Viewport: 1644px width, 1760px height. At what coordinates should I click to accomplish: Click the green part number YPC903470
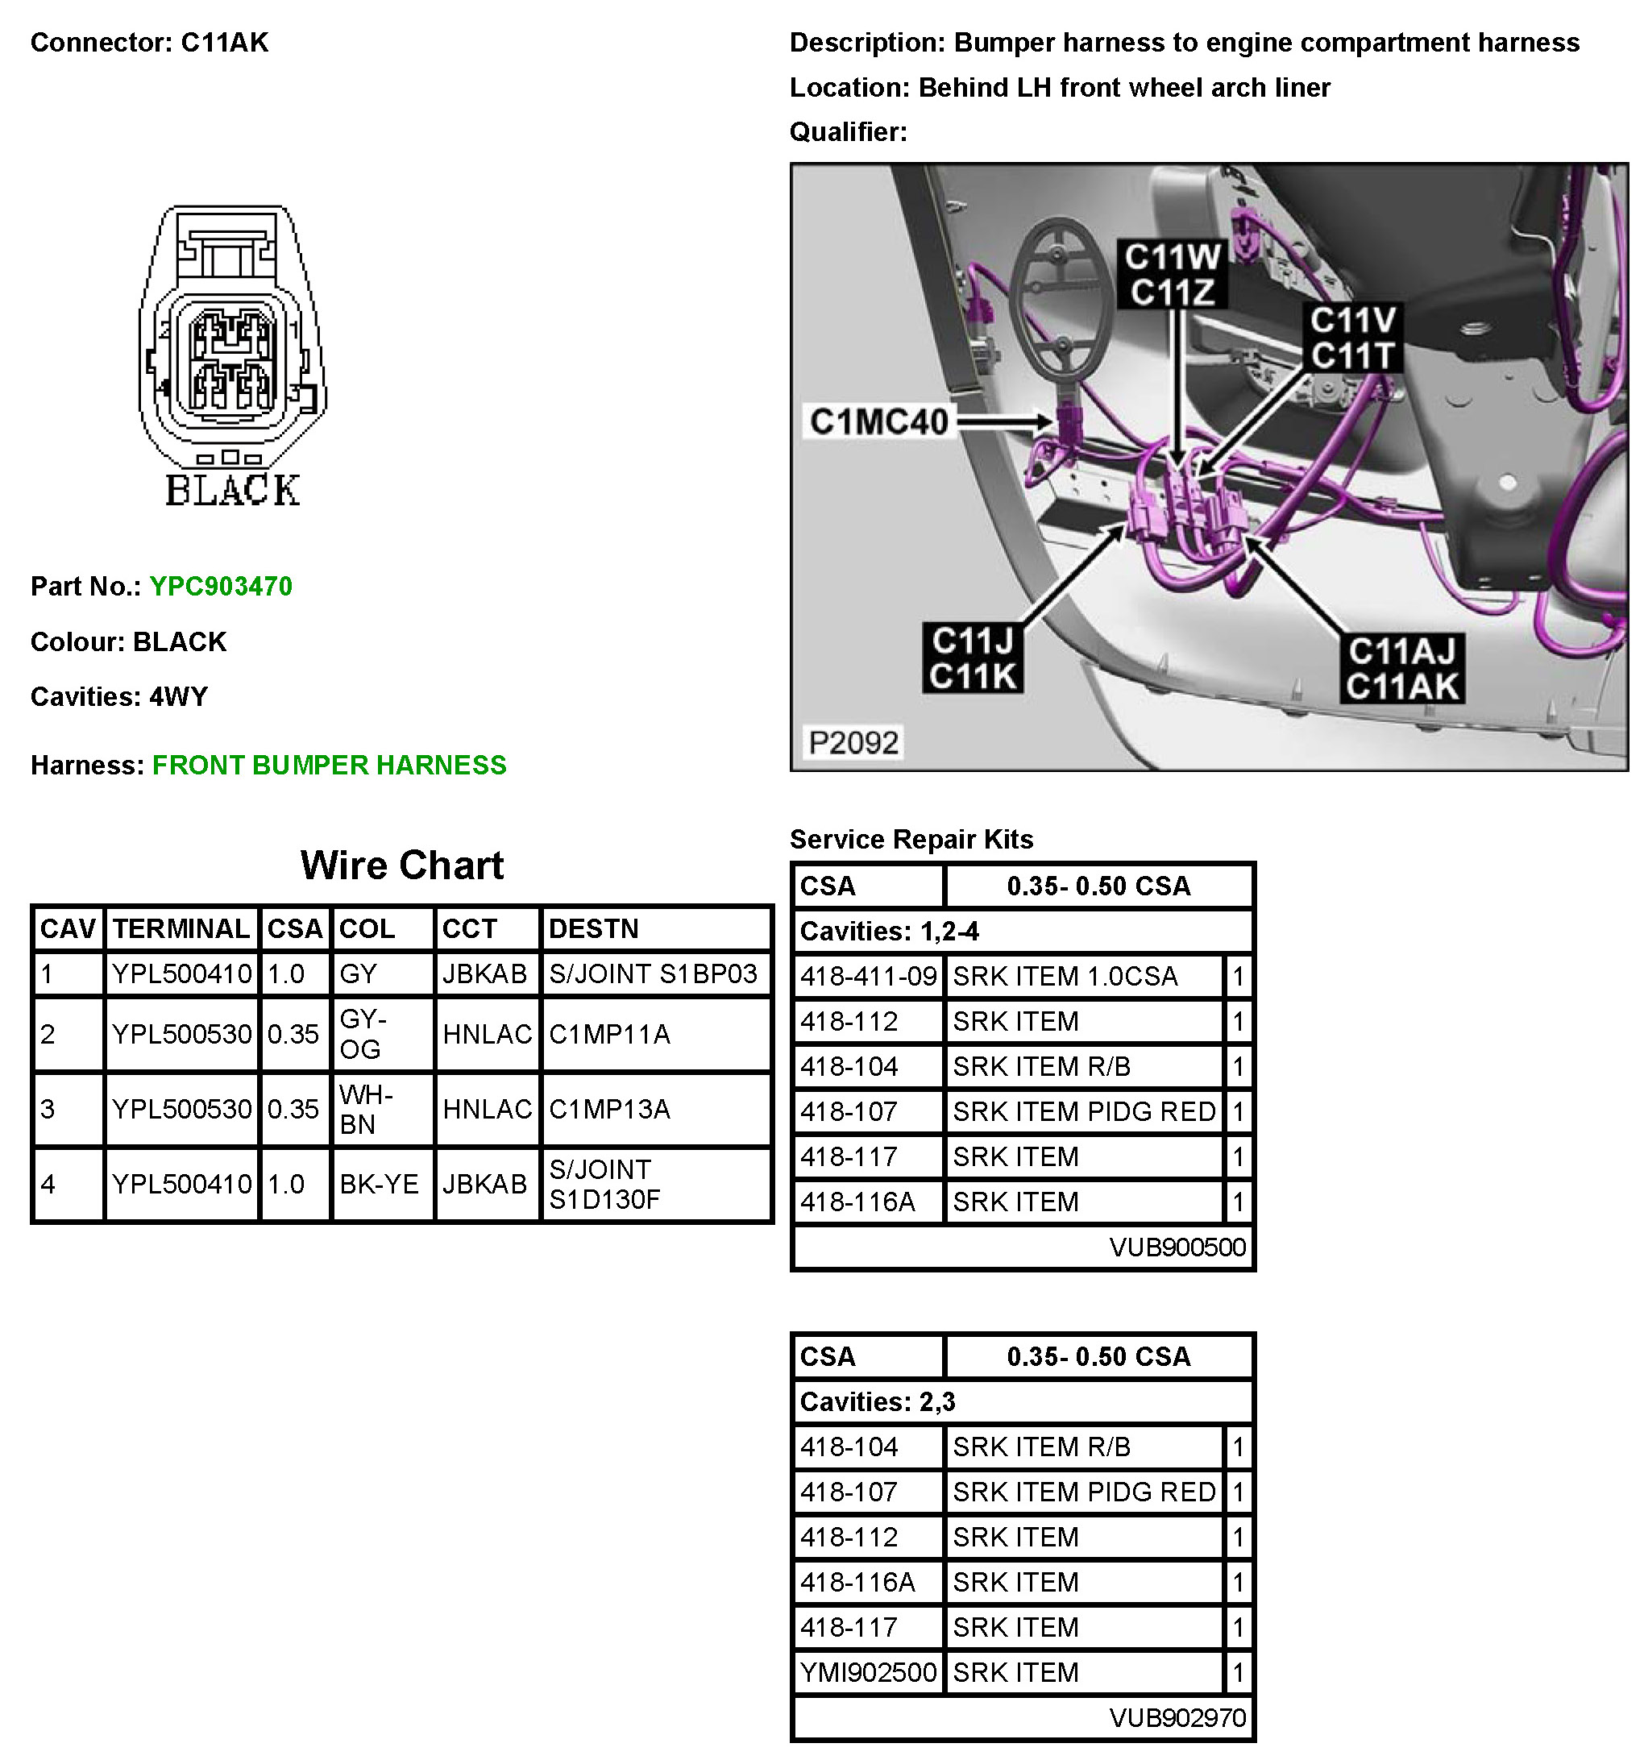tap(221, 586)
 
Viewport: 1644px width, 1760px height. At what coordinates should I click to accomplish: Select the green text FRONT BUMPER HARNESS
tap(330, 765)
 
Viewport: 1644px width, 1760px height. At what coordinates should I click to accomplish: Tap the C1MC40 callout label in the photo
tap(878, 422)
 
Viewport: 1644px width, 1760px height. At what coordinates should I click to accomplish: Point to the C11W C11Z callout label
tap(1171, 275)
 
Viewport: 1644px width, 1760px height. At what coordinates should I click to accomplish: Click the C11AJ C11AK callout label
tap(1401, 668)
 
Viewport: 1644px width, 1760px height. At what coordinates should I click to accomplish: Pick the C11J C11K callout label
tap(973, 658)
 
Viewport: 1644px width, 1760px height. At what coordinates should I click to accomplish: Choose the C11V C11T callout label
tap(1353, 338)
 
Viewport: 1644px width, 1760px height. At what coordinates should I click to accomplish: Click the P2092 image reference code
tap(853, 742)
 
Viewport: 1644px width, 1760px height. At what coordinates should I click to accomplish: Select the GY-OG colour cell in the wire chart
tap(363, 1034)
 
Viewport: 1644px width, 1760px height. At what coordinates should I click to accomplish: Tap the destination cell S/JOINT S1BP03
tap(654, 973)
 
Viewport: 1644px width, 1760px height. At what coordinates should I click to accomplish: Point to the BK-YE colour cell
tap(379, 1184)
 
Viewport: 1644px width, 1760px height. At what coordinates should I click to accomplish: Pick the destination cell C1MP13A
tap(609, 1110)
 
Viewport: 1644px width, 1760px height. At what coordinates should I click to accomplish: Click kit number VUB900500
tap(1177, 1247)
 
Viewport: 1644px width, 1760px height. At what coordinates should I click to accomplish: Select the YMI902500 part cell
tap(868, 1672)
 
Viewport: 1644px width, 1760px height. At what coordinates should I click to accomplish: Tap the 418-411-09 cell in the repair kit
tap(868, 977)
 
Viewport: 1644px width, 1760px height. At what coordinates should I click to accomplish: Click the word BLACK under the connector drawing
tap(233, 491)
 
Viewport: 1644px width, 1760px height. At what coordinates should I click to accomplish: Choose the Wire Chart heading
tap(402, 865)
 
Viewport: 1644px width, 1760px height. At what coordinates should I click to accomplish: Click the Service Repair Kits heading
tap(911, 839)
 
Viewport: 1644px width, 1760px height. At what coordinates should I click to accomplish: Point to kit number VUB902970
tap(1177, 1718)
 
